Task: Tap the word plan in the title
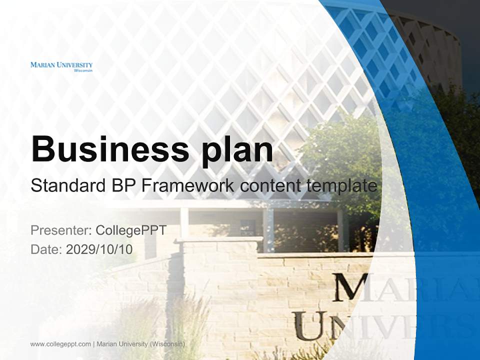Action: click(x=237, y=149)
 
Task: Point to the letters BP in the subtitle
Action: click(x=122, y=186)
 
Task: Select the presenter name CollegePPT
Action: click(x=131, y=230)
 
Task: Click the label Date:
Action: click(x=46, y=249)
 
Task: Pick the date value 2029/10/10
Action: click(x=99, y=249)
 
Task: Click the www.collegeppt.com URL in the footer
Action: click(x=60, y=344)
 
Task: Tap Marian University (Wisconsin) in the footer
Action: click(x=141, y=344)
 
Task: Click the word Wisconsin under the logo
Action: click(x=83, y=71)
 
